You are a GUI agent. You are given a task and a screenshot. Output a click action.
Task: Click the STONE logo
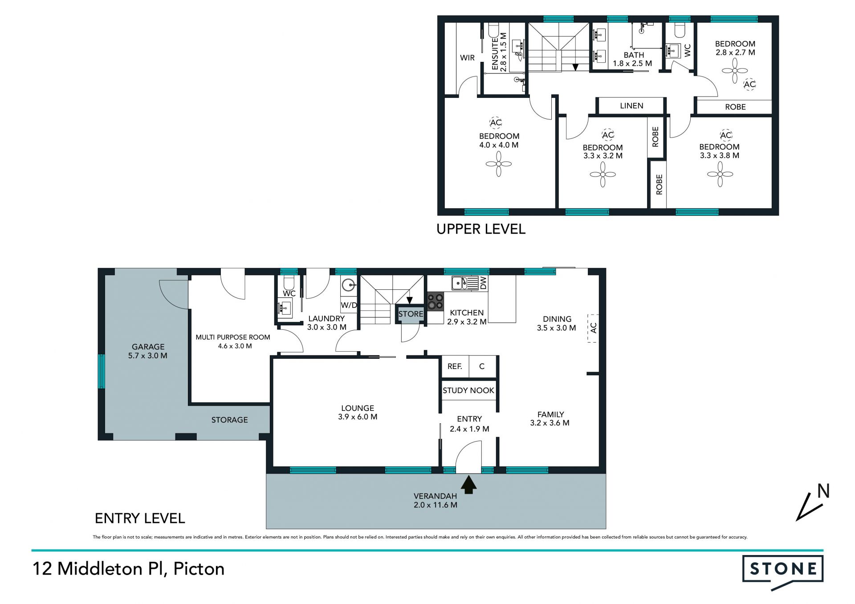click(782, 572)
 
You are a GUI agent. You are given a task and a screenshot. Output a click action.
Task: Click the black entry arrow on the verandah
click(468, 484)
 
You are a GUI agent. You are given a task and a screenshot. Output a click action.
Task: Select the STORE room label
click(411, 314)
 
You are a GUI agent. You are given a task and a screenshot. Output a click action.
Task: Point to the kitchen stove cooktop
click(436, 301)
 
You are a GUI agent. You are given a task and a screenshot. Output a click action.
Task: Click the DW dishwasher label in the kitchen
click(483, 283)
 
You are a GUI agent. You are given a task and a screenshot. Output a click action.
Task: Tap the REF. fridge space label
click(455, 366)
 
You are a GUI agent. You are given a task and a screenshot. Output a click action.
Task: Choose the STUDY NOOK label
click(468, 390)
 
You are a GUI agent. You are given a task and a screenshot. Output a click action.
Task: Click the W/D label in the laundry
click(349, 305)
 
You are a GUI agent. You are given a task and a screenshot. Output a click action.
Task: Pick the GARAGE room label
click(148, 347)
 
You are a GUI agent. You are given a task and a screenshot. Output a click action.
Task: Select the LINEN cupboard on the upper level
click(631, 106)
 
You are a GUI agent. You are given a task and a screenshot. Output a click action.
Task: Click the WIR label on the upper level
click(467, 58)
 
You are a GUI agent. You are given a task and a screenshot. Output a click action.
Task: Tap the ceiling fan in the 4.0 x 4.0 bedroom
click(499, 164)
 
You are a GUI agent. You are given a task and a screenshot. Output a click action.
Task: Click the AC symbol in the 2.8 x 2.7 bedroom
click(750, 84)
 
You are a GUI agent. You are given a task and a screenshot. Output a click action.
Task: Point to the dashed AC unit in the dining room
click(593, 328)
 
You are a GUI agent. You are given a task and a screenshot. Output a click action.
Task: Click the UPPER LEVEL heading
click(481, 229)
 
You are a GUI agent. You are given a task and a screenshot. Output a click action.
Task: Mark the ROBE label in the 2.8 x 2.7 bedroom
click(735, 107)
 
